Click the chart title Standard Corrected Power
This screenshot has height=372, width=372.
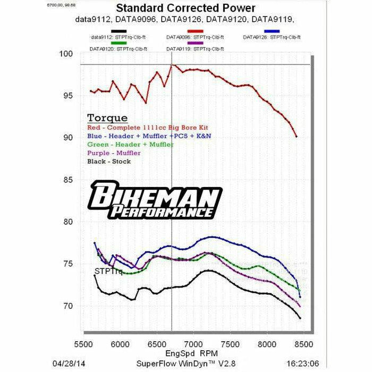pyautogui.click(x=185, y=9)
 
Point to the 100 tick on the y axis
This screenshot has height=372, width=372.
pyautogui.click(x=66, y=54)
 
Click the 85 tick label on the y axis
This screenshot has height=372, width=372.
pyautogui.click(x=66, y=180)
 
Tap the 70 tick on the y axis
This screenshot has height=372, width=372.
pyautogui.click(x=66, y=306)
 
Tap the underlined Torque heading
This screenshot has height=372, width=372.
pyautogui.click(x=107, y=118)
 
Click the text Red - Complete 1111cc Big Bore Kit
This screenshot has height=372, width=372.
pyautogui.click(x=148, y=128)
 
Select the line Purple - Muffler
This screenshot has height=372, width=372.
pyautogui.click(x=114, y=153)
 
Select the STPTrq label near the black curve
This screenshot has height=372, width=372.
pyautogui.click(x=108, y=272)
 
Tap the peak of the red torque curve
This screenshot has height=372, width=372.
pyautogui.click(x=172, y=64)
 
